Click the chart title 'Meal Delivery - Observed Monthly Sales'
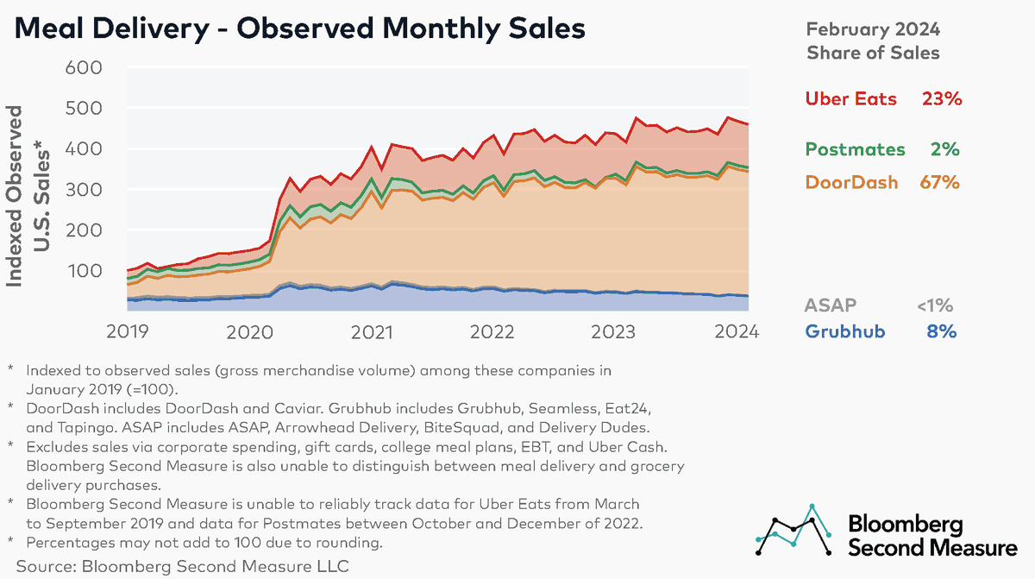click(x=298, y=28)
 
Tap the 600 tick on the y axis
click(x=84, y=67)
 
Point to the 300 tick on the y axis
click(x=84, y=189)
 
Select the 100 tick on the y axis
click(x=84, y=271)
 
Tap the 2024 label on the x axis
click(x=737, y=330)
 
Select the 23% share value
click(x=940, y=98)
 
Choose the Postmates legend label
click(x=855, y=149)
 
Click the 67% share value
click(x=939, y=182)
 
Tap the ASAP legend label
click(x=831, y=305)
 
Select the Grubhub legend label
click(x=844, y=331)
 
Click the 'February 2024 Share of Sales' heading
click(x=873, y=41)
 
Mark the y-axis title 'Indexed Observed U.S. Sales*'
click(x=28, y=194)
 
